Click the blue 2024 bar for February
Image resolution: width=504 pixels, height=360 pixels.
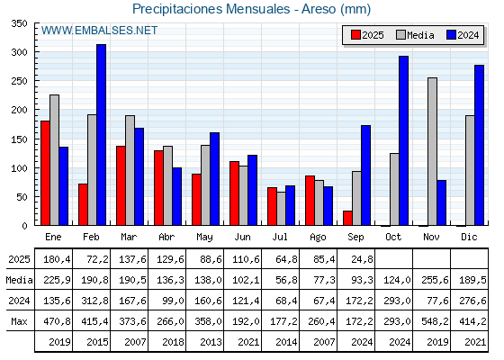(x=101, y=135)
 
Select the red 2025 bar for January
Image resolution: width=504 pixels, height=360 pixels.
(x=45, y=173)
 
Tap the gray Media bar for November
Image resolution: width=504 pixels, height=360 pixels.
(x=432, y=151)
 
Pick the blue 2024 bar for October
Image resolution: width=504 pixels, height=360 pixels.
(x=404, y=140)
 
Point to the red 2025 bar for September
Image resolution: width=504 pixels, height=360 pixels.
(x=347, y=218)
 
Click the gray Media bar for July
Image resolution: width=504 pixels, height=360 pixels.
(x=281, y=209)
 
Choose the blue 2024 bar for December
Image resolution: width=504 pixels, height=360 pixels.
(x=479, y=145)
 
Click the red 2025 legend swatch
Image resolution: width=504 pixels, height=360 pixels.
(x=355, y=35)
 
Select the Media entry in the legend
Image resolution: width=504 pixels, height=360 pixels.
(x=415, y=35)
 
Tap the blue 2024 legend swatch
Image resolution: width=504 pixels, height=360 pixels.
(x=451, y=35)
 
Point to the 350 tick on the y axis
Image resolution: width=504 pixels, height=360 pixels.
(x=19, y=23)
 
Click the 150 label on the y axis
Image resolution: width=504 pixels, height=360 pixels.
(x=19, y=139)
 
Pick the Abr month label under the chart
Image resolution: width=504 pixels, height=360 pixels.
(x=166, y=237)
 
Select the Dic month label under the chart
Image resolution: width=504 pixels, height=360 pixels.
(x=469, y=237)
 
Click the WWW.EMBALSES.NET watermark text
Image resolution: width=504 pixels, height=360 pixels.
(x=99, y=31)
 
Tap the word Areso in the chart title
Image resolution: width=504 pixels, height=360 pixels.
(x=319, y=9)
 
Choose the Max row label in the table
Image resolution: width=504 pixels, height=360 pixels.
(x=19, y=321)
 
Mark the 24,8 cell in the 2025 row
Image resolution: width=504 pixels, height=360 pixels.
(x=362, y=259)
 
